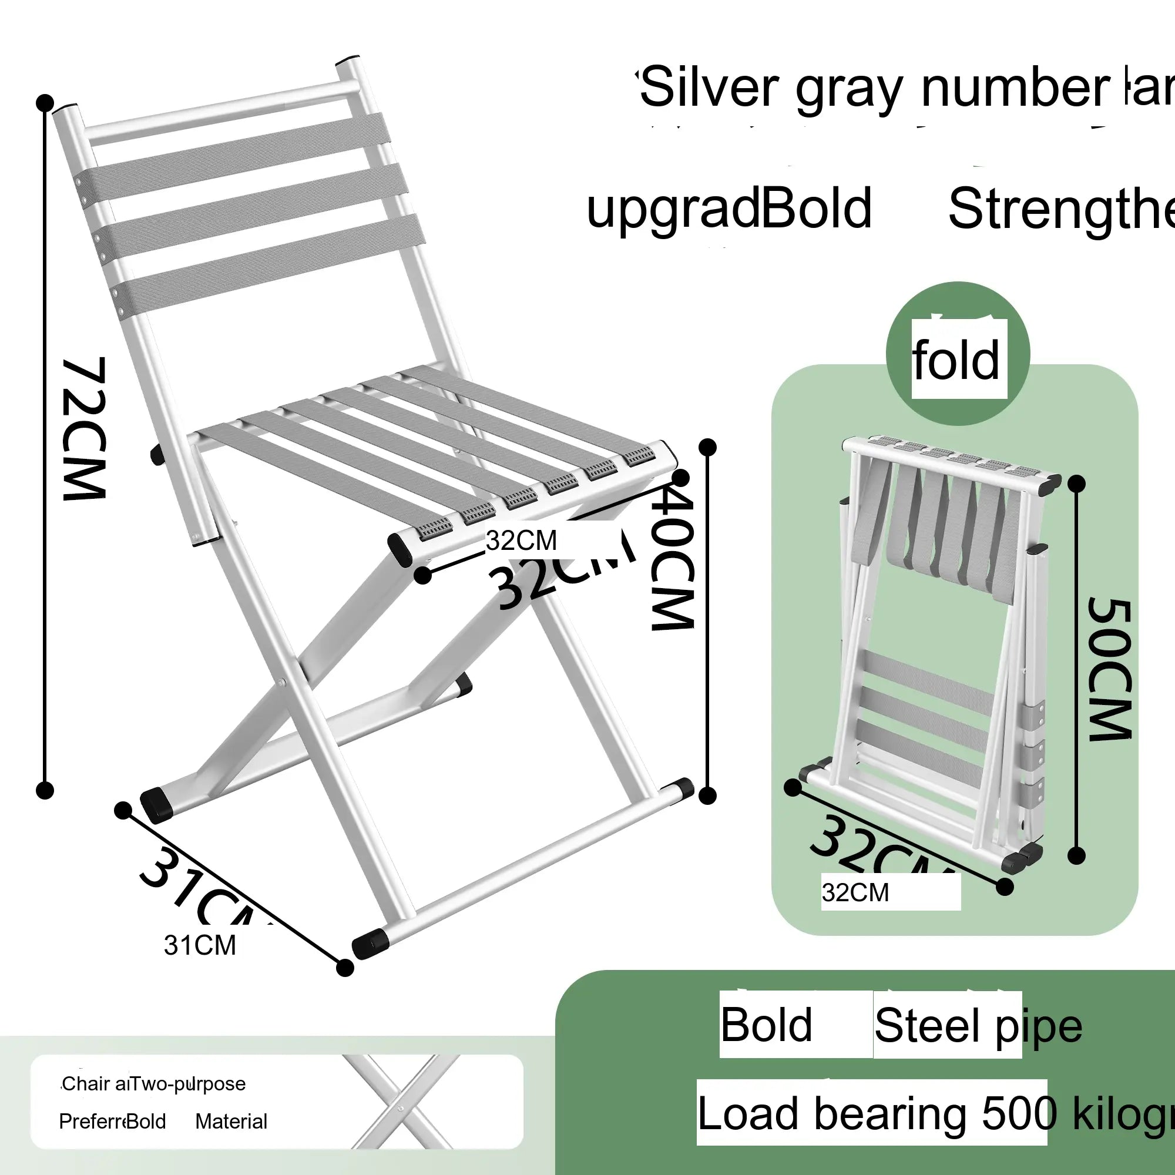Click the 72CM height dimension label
pyautogui.click(x=85, y=429)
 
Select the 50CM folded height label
pyautogui.click(x=1110, y=669)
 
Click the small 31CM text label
pyautogui.click(x=200, y=945)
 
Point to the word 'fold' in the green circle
pyautogui.click(x=956, y=361)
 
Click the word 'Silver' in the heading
pyautogui.click(x=709, y=88)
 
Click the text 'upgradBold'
pyautogui.click(x=728, y=209)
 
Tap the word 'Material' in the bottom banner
pyautogui.click(x=231, y=1121)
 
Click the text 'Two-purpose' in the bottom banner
pyautogui.click(x=189, y=1083)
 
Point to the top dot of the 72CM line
pyautogui.click(x=45, y=103)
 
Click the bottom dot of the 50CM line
pyautogui.click(x=1076, y=857)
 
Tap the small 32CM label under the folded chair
pyautogui.click(x=855, y=893)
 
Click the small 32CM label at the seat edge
pyautogui.click(x=521, y=540)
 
